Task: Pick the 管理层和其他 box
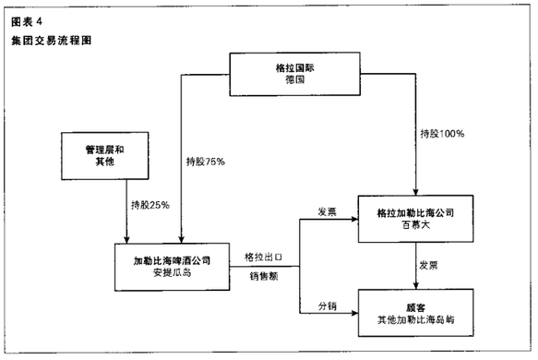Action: click(x=107, y=155)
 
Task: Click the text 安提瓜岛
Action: click(x=172, y=273)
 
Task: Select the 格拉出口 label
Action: click(x=262, y=256)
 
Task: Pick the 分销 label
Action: click(x=327, y=304)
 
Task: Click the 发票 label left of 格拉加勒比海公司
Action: click(x=327, y=210)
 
